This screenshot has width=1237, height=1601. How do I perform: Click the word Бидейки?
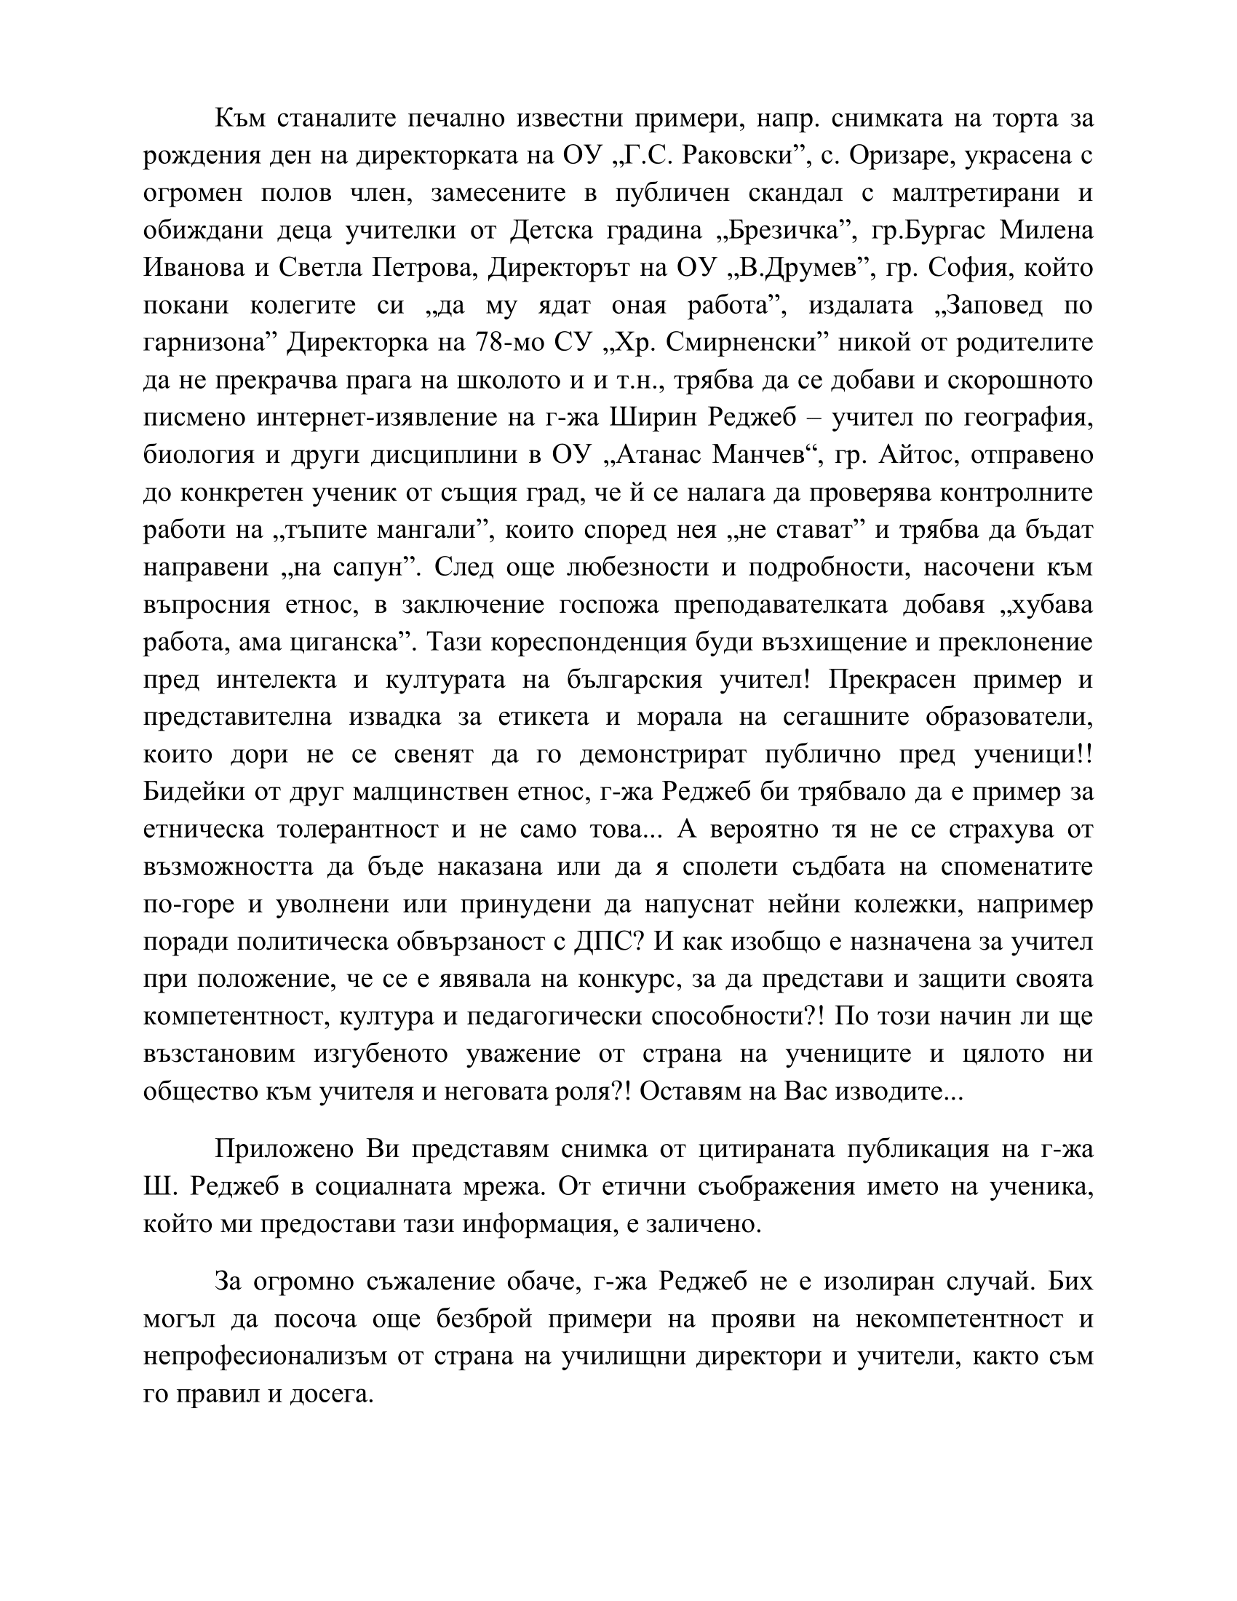coord(193,792)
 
